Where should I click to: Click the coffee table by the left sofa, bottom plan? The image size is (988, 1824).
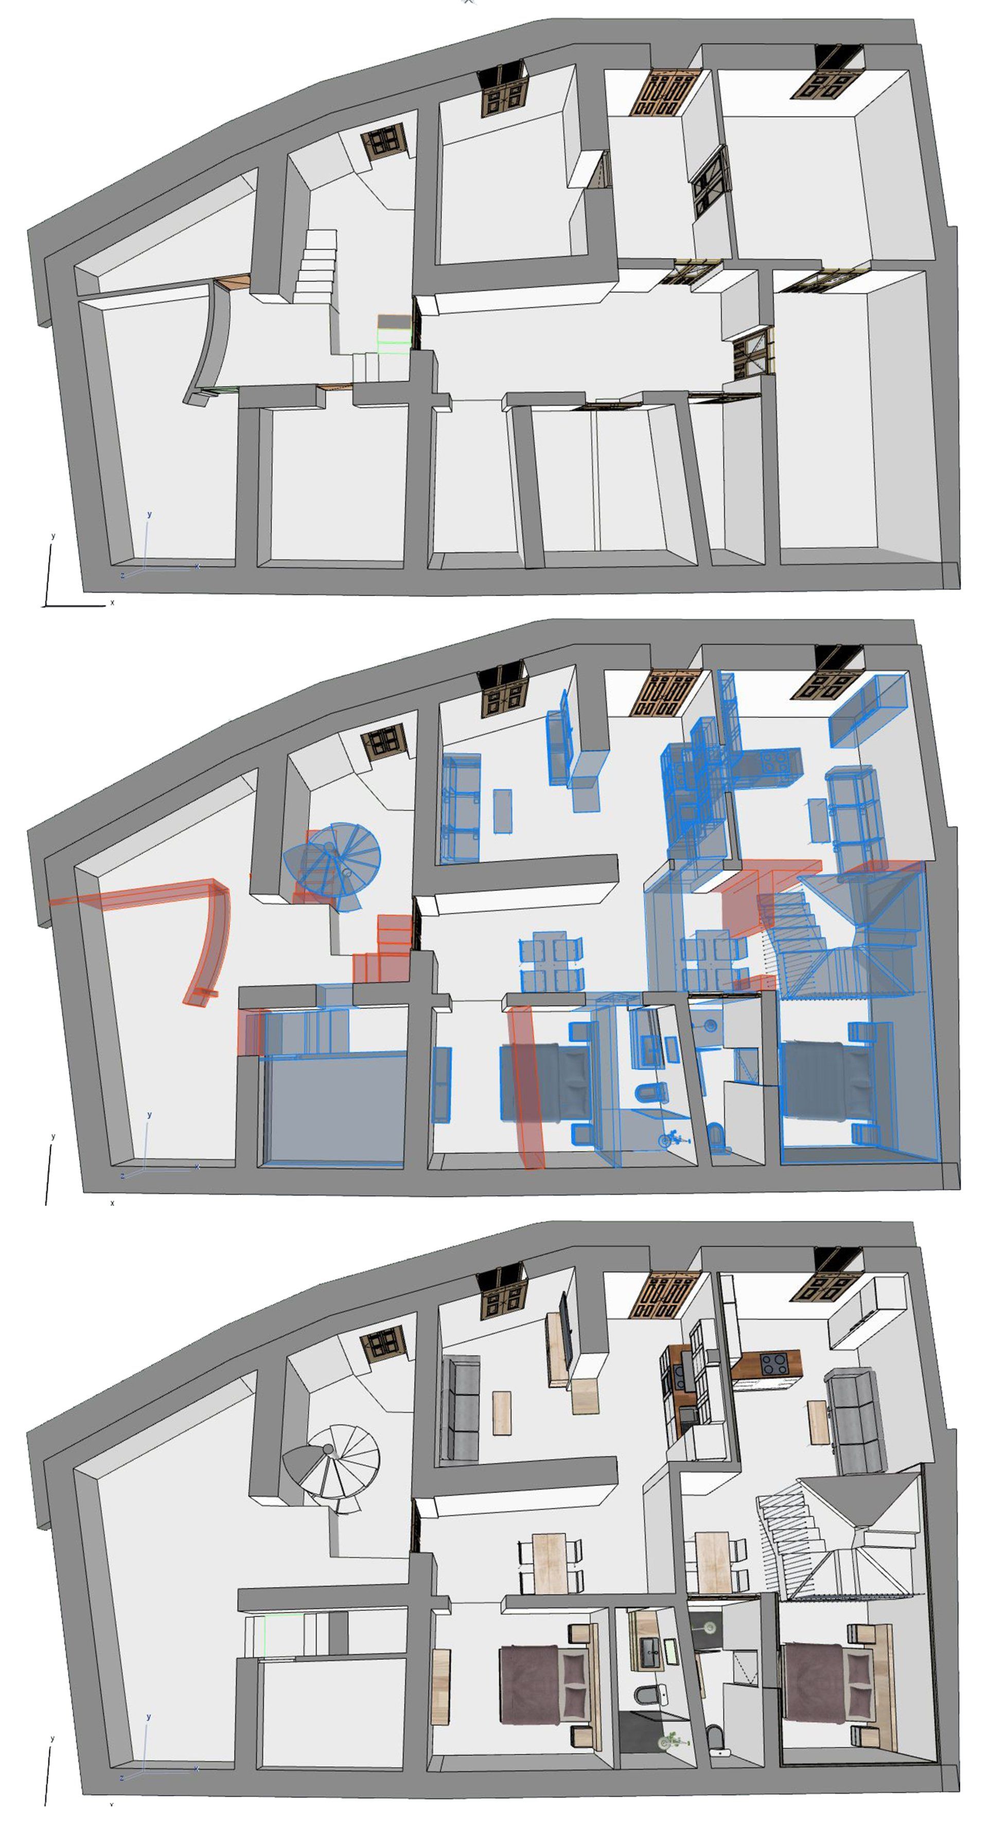coord(502,1412)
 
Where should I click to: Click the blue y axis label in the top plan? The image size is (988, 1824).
coord(149,514)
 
